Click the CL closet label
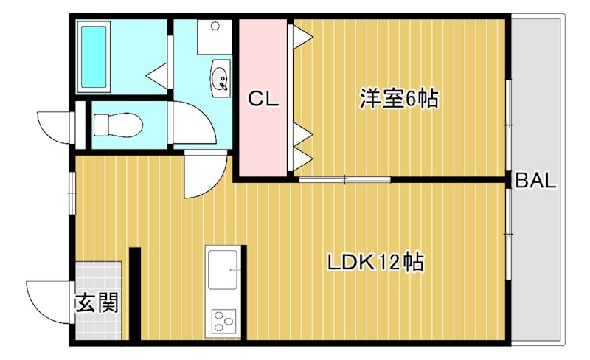point(263,99)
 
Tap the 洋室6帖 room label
point(399,99)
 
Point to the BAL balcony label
point(535,181)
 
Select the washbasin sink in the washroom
point(220,77)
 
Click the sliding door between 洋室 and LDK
point(344,179)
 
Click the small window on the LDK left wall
point(72,192)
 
